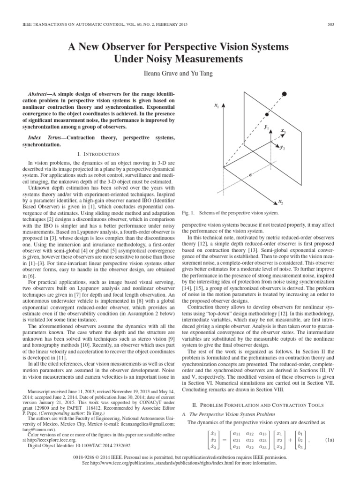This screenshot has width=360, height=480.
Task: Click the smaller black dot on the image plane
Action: pyautogui.click(x=267, y=114)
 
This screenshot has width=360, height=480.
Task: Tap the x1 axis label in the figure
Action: pyautogui.click(x=217, y=106)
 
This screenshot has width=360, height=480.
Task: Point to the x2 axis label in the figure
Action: pyautogui.click(x=280, y=202)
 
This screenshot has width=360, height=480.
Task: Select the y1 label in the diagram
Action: pyautogui.click(x=266, y=127)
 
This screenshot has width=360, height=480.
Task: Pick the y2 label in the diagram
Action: pyautogui.click(x=282, y=148)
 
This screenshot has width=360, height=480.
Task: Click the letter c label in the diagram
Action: pyautogui.click(x=251, y=174)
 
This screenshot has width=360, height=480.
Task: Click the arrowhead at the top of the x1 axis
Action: pyautogui.click(x=224, y=106)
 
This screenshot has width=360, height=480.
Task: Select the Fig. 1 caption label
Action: pyautogui.click(x=187, y=213)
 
